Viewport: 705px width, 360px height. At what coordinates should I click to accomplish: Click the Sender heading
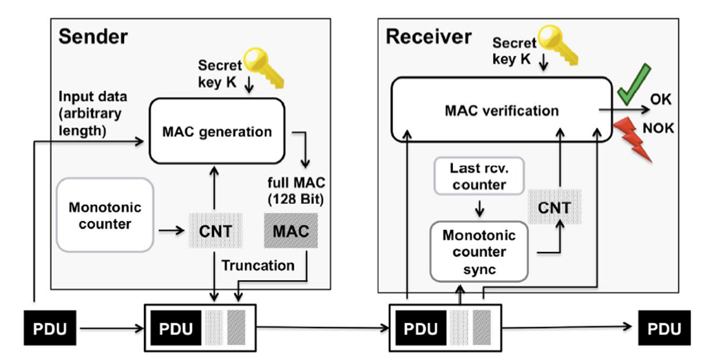pos(93,36)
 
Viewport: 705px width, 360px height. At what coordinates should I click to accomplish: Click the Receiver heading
pos(428,36)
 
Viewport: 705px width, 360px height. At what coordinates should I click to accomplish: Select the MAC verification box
pos(501,109)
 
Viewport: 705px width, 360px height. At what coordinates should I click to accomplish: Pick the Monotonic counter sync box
pos(478,251)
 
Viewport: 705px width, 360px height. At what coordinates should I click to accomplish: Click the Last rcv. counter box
pos(478,176)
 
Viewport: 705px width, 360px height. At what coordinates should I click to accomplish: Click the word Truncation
pos(257,265)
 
